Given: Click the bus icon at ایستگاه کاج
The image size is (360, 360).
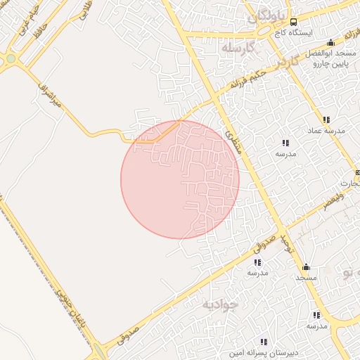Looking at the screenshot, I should tap(294, 22).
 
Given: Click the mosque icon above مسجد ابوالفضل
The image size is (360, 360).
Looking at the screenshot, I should tap(330, 42).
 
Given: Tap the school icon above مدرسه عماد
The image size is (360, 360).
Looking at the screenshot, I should tap(326, 120).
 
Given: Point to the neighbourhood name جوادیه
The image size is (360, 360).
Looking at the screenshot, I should tap(221, 304).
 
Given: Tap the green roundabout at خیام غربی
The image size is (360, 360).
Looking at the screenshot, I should tap(11, 60).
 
